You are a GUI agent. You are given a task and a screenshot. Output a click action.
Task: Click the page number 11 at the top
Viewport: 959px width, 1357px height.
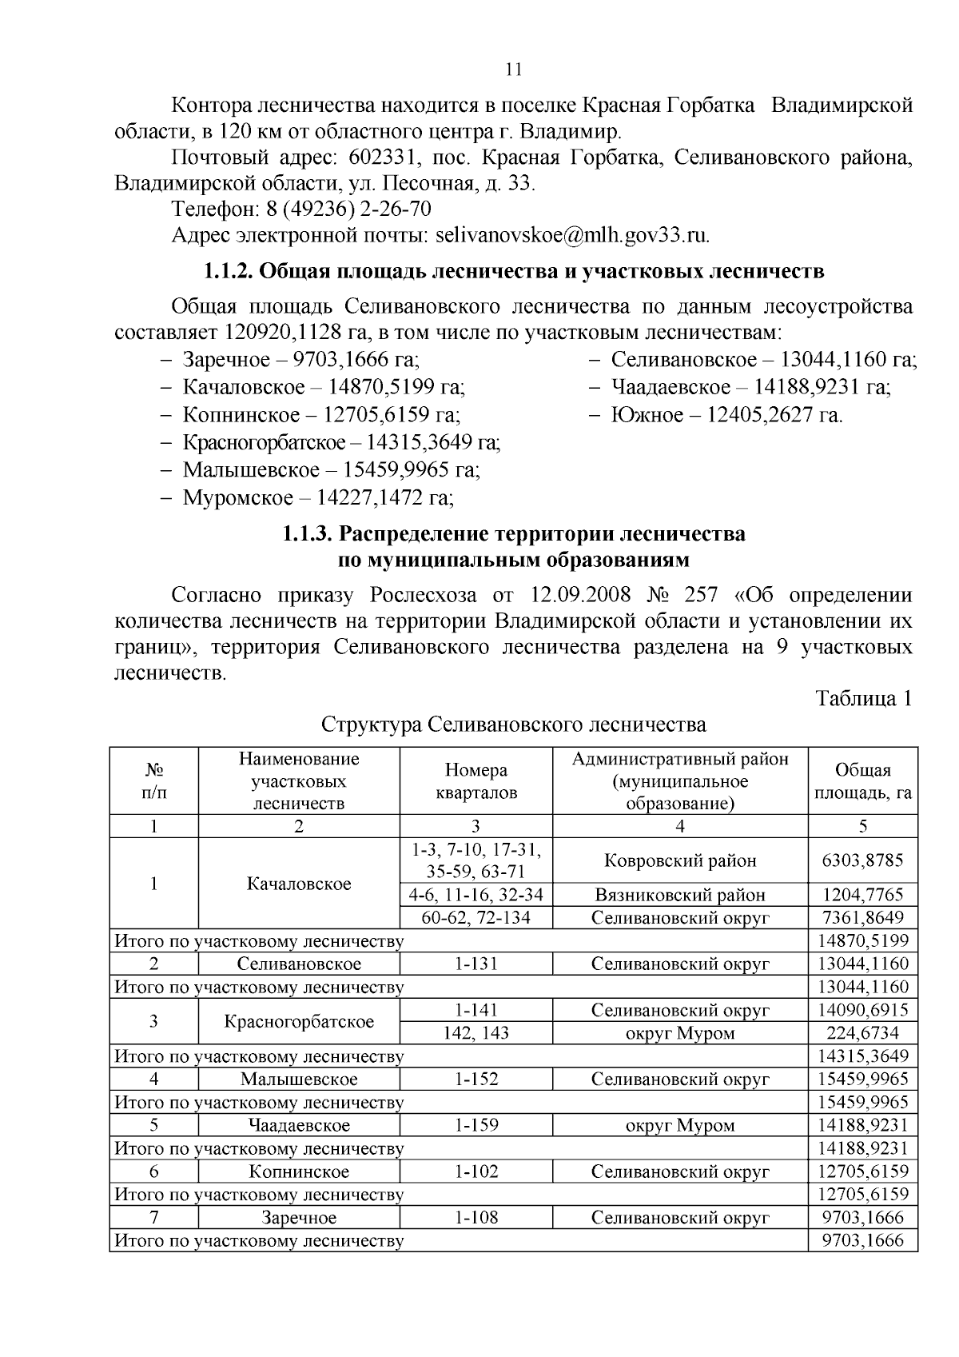point(515,70)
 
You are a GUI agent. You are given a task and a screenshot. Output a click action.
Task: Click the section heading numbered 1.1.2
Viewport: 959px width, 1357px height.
point(514,271)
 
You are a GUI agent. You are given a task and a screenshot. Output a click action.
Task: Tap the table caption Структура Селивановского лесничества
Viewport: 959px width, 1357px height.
point(514,725)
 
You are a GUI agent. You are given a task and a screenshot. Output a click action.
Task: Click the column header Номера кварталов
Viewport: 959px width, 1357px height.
point(476,781)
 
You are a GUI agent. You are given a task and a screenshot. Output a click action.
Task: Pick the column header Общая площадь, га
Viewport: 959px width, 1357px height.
point(862,781)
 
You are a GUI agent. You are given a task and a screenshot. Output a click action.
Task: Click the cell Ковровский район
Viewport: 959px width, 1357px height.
point(680,860)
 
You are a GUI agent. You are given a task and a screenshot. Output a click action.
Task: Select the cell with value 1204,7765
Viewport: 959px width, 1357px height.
point(862,895)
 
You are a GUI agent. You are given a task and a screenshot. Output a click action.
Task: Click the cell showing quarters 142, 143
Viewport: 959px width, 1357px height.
point(476,1033)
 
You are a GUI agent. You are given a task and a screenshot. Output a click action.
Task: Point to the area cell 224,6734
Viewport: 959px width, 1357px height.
point(862,1033)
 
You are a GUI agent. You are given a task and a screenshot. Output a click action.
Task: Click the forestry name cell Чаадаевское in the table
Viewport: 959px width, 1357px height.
point(299,1126)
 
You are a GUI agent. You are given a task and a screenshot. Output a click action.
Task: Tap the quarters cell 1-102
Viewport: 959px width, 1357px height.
point(476,1172)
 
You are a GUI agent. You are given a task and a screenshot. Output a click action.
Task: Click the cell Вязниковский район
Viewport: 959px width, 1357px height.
point(680,895)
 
